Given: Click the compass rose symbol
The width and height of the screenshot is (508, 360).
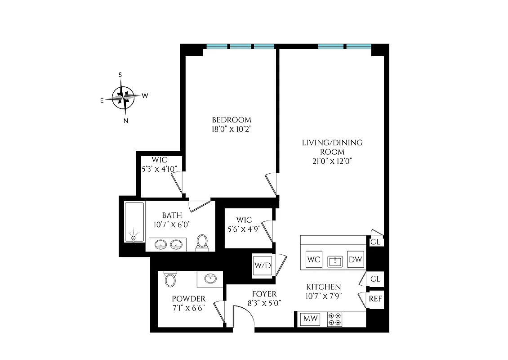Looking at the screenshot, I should pyautogui.click(x=124, y=95).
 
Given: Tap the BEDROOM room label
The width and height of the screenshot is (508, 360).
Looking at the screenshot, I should pyautogui.click(x=232, y=120).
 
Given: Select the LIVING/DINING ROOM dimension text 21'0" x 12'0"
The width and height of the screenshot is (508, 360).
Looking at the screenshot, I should pyautogui.click(x=332, y=161).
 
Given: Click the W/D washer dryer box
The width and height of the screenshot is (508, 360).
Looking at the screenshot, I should pyautogui.click(x=263, y=265).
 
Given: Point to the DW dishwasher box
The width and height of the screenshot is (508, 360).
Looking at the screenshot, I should pyautogui.click(x=356, y=260).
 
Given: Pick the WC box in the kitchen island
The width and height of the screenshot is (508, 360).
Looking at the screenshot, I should pyautogui.click(x=313, y=260).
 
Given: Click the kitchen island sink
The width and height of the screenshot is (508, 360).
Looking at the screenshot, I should pyautogui.click(x=335, y=261).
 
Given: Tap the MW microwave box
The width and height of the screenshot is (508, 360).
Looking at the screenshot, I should pyautogui.click(x=310, y=319).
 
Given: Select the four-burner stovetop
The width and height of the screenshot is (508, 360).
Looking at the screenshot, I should pyautogui.click(x=334, y=319).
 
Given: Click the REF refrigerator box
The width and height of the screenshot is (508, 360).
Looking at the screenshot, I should pyautogui.click(x=375, y=299).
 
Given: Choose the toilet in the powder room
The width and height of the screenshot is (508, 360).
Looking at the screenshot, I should pyautogui.click(x=170, y=279).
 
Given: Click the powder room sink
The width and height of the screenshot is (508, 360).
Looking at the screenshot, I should pyautogui.click(x=209, y=279).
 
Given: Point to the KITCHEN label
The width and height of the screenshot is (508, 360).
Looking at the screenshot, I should pyautogui.click(x=323, y=287).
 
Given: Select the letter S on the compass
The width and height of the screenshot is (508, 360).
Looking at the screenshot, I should pyautogui.click(x=120, y=75).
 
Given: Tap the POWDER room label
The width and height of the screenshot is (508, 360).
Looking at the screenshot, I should pyautogui.click(x=189, y=299).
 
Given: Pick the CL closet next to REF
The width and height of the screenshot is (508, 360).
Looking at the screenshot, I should pyautogui.click(x=375, y=279).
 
